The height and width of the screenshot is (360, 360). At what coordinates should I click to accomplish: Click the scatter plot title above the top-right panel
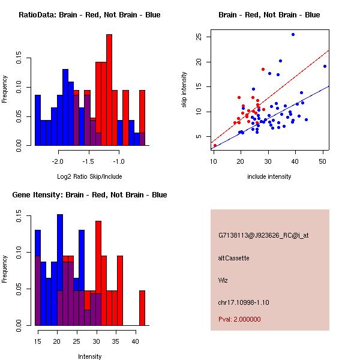click(269, 14)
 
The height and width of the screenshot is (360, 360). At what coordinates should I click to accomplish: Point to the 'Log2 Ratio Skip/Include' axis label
click(89, 176)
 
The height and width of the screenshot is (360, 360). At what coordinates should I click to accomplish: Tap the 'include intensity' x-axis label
click(269, 176)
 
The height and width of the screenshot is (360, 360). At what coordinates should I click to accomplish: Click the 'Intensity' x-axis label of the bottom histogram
click(89, 356)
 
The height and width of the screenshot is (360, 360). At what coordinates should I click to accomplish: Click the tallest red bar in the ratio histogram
click(109, 90)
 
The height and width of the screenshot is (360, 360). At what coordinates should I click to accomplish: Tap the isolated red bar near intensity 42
click(142, 308)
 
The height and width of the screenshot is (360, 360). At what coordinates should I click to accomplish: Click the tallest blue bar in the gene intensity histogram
click(60, 270)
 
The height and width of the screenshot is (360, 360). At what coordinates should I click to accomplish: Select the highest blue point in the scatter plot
click(293, 34)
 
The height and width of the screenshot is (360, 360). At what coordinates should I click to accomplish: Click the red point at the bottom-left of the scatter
click(215, 145)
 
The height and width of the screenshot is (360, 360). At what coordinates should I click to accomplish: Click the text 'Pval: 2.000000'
click(240, 319)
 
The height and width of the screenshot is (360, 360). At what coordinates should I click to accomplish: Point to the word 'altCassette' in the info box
click(233, 258)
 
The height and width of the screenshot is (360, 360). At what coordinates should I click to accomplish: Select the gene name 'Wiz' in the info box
click(223, 280)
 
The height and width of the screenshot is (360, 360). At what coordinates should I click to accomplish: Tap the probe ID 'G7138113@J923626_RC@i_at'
click(263, 236)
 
